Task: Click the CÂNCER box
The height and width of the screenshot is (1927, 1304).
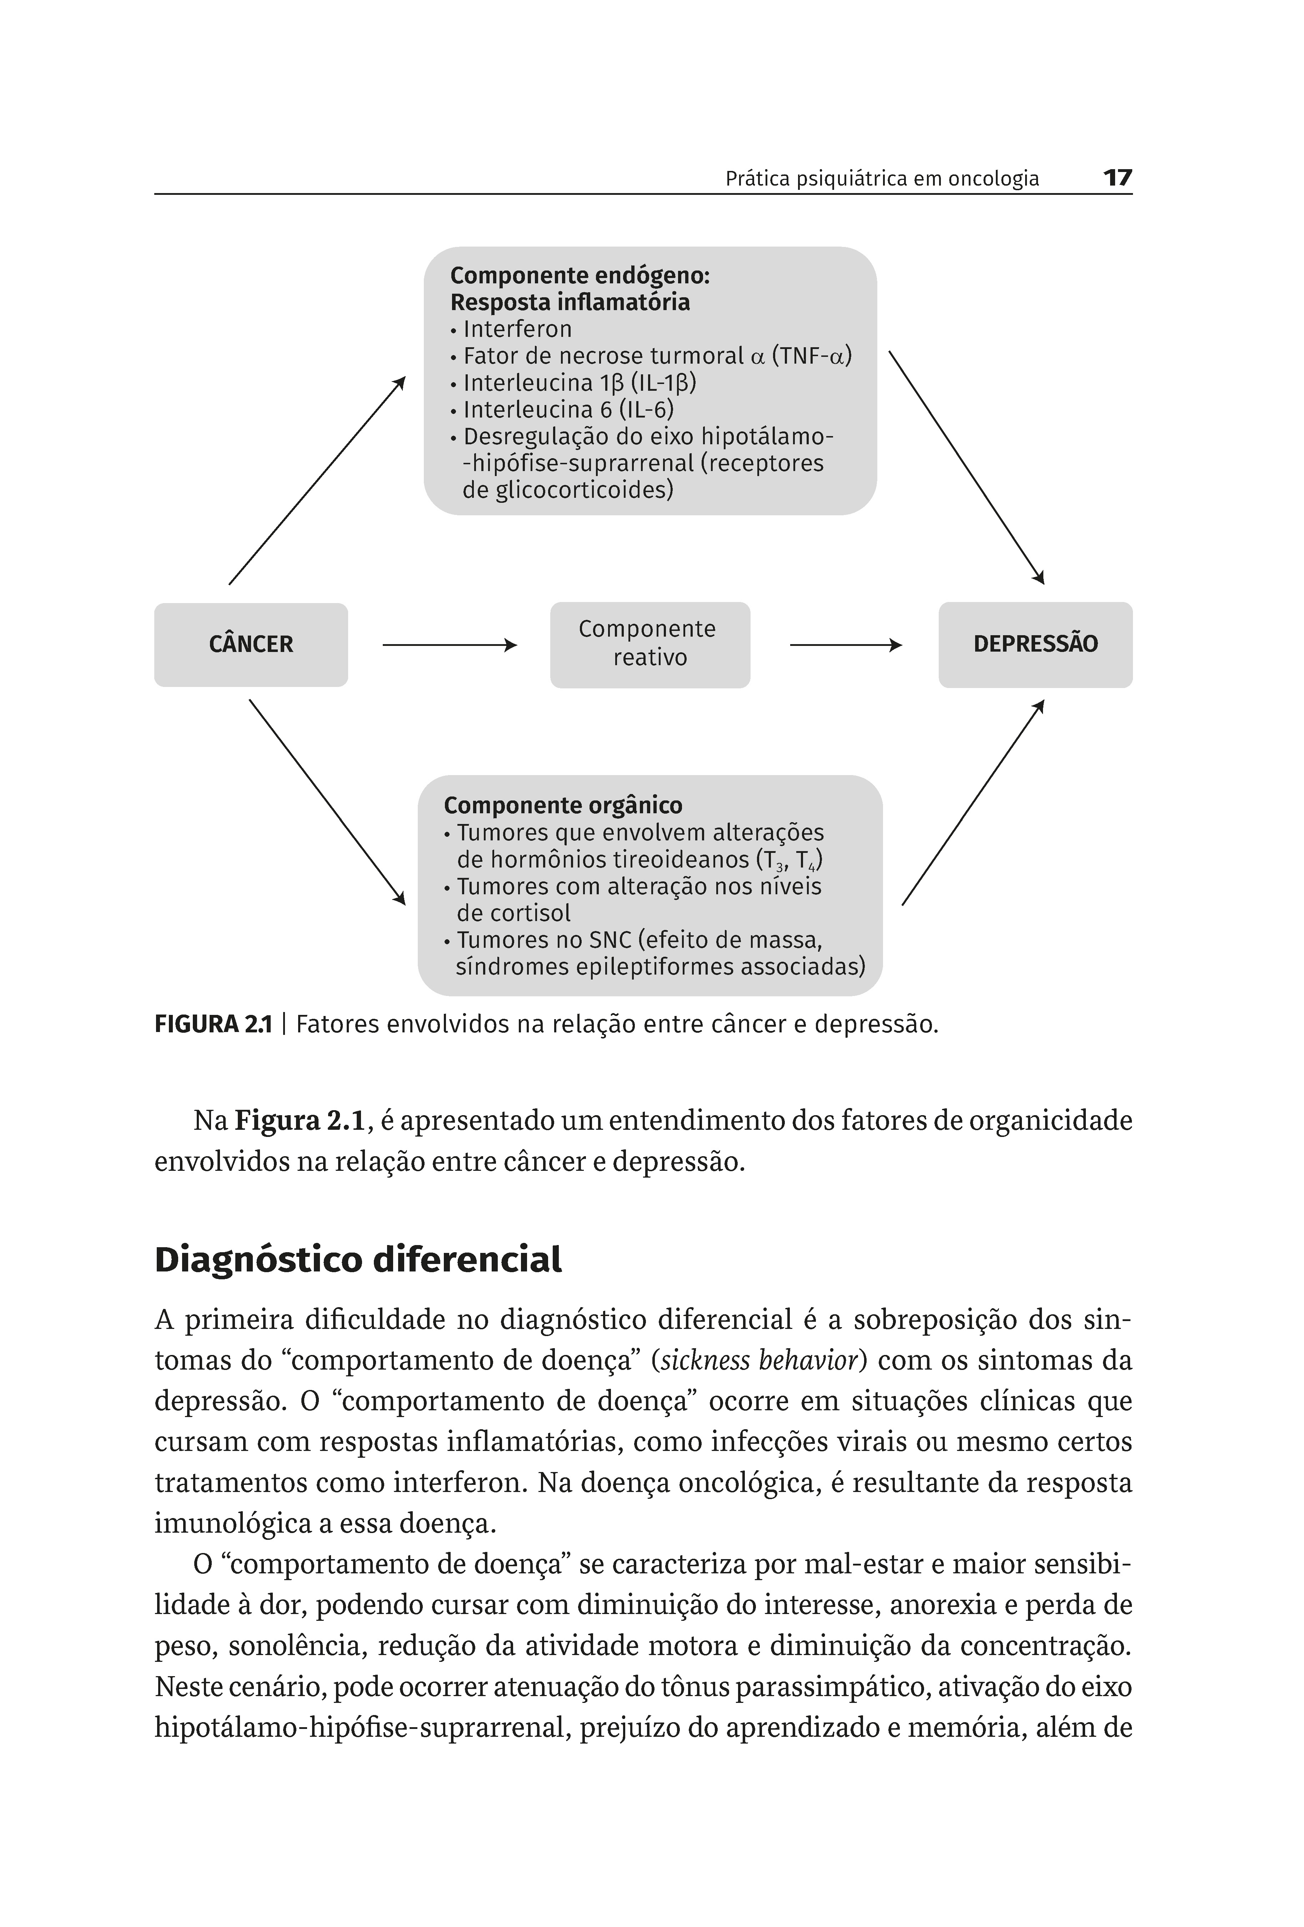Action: [x=251, y=644]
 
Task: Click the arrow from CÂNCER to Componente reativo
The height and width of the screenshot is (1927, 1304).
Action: [x=449, y=644]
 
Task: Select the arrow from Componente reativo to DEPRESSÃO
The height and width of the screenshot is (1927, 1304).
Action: [x=844, y=644]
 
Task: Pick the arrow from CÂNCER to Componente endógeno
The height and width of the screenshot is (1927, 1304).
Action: [x=317, y=481]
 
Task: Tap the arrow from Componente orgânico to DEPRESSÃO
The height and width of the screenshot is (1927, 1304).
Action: [x=972, y=803]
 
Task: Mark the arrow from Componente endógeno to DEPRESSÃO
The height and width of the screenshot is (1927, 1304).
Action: [x=966, y=467]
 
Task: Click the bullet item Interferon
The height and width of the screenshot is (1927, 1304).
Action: [x=517, y=329]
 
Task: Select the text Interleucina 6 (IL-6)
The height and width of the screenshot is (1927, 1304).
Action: [x=568, y=410]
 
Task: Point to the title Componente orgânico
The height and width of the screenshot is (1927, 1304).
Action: [x=562, y=805]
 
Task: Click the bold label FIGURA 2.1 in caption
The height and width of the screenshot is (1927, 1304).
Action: [x=213, y=1025]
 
